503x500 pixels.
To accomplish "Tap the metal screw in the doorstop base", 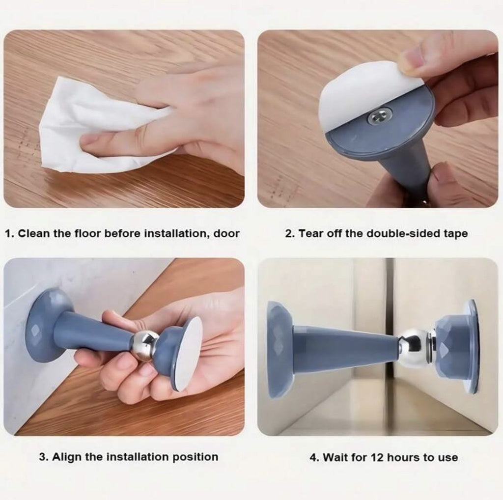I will [x=377, y=117].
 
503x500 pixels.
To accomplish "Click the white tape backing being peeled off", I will [x=359, y=93].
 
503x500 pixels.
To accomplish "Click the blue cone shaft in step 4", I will [x=344, y=349].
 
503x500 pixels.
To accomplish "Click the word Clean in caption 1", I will [x=34, y=234].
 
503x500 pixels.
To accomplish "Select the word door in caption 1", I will [x=226, y=234].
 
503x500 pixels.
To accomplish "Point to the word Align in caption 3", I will [x=67, y=457].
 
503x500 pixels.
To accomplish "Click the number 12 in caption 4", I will [x=376, y=457].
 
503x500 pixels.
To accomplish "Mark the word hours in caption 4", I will [x=403, y=457].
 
